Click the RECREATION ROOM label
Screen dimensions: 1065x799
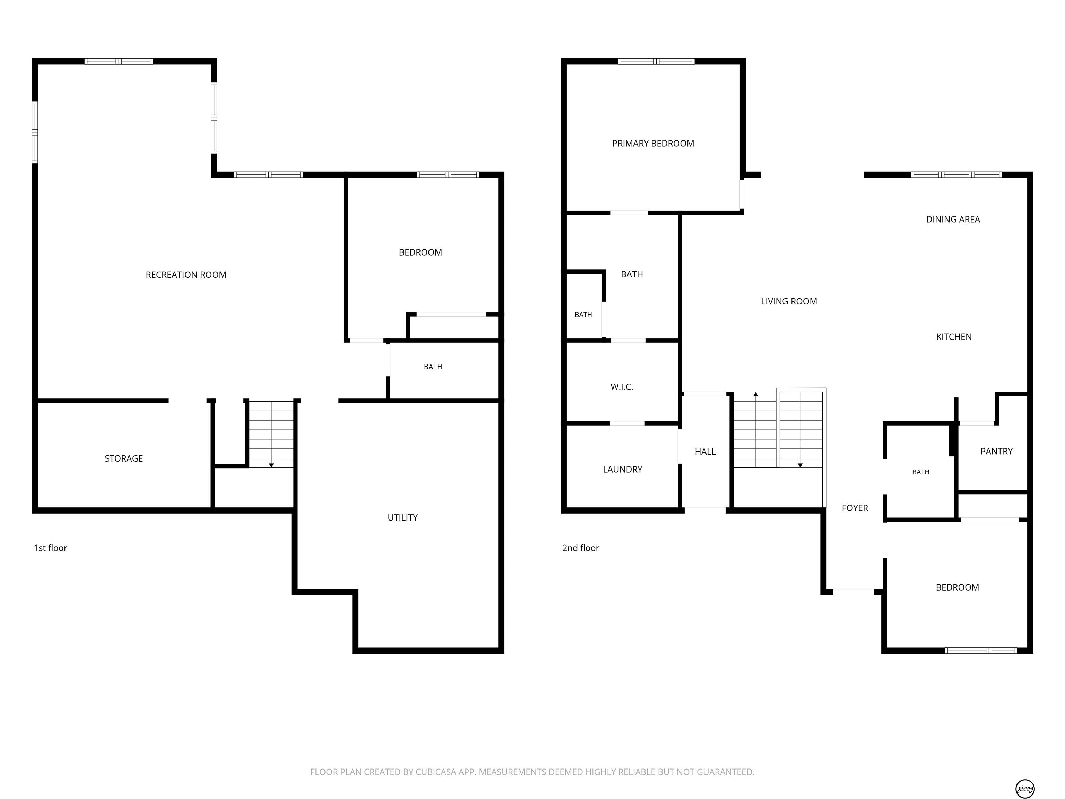186,275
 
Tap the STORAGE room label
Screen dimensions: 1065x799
124,458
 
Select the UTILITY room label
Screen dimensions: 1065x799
402,518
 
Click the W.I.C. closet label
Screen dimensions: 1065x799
622,387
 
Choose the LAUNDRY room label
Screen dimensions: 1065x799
623,469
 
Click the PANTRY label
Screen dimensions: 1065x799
997,451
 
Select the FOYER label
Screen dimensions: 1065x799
855,508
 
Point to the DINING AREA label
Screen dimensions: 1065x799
953,219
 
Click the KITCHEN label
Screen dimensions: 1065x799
954,337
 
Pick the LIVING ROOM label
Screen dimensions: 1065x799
789,301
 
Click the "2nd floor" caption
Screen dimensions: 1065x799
581,548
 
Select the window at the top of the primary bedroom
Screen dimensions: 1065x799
656,61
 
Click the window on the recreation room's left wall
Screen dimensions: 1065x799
35,132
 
